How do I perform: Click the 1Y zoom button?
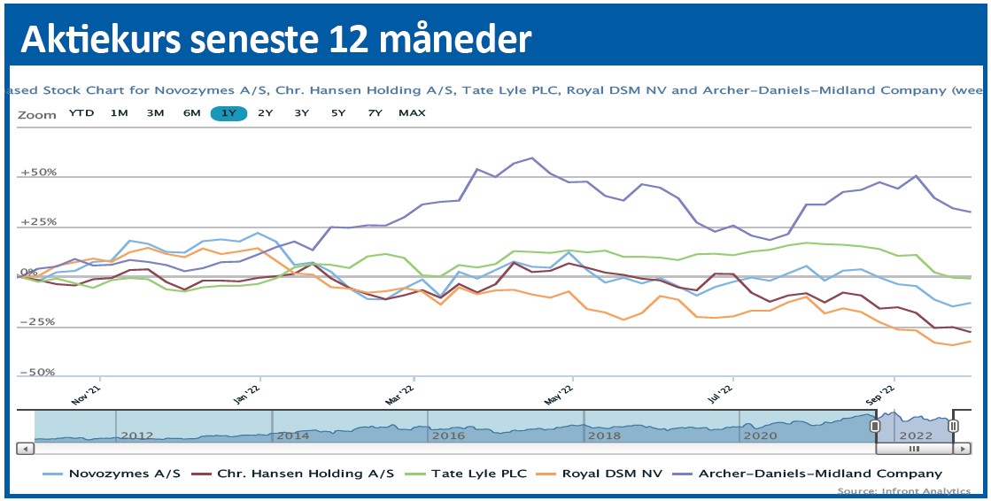tap(228, 112)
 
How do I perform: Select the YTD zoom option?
tap(82, 112)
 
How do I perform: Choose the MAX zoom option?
tap(412, 112)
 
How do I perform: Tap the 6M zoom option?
tap(192, 112)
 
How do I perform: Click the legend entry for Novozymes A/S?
tap(123, 474)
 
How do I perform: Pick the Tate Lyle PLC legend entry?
tap(477, 474)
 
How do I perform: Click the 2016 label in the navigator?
tap(447, 435)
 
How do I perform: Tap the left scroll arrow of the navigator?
tap(27, 448)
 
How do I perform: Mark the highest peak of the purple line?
tap(531, 158)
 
